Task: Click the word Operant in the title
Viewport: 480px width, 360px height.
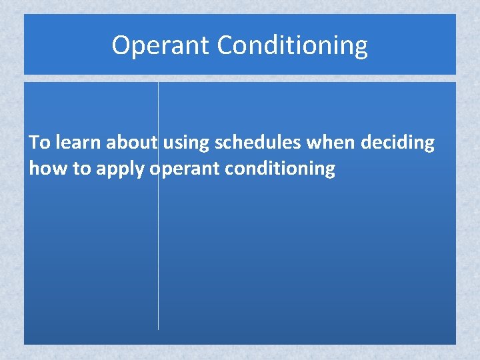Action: [x=161, y=45]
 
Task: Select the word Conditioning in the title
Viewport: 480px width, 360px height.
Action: [x=292, y=45]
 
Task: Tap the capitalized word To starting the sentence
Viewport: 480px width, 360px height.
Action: [x=39, y=143]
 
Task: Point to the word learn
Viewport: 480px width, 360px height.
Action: [x=78, y=143]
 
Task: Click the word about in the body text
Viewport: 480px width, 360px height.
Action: [x=131, y=143]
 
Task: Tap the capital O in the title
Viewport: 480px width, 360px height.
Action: [x=121, y=45]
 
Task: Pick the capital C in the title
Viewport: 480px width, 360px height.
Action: [x=225, y=45]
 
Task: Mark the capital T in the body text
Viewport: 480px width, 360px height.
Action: [x=35, y=143]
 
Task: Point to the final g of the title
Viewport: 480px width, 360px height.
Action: [x=360, y=48]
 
